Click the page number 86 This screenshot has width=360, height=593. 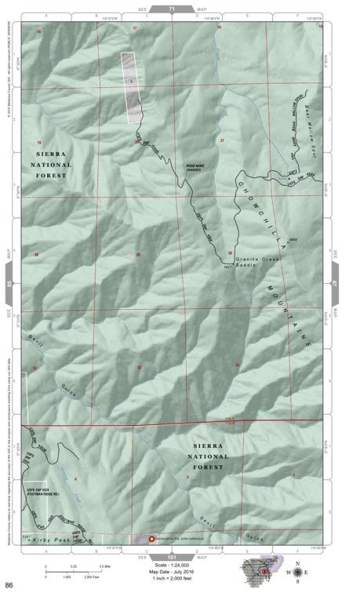coord(9,585)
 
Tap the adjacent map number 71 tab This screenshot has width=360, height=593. coord(172,6)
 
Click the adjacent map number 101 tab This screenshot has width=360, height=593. coord(172,556)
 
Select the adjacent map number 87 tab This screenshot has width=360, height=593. coord(334,275)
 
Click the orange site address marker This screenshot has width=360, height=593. coord(151,540)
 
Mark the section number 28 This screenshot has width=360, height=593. coord(231,253)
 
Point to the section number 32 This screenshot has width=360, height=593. coord(140,367)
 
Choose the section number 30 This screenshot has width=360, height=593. coord(36,254)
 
